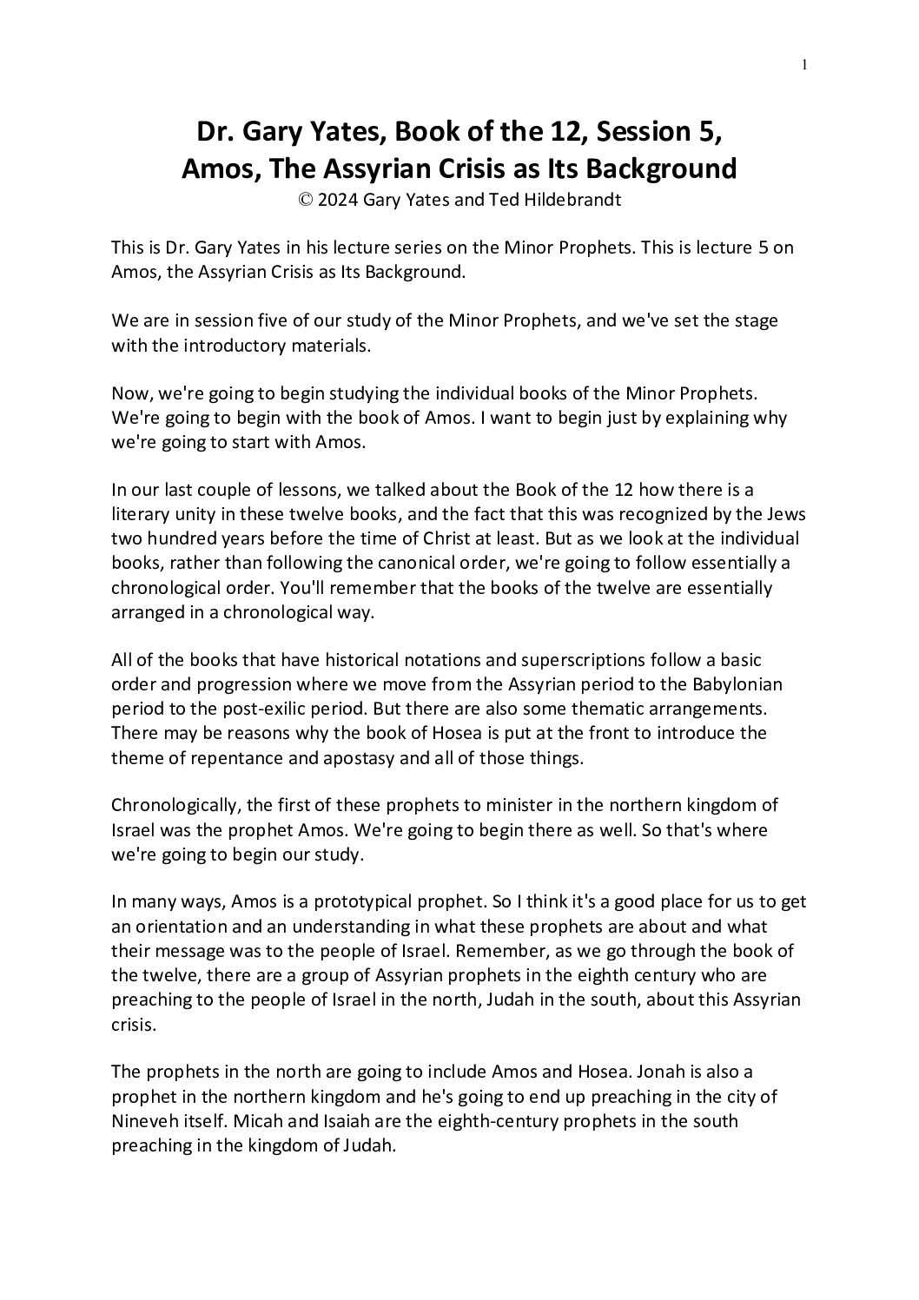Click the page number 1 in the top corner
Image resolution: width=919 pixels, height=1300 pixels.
coord(805,63)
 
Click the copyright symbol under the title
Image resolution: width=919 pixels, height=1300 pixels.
coord(305,200)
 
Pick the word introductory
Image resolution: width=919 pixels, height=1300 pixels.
coord(221,345)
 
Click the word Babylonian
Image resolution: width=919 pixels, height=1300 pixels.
coord(731,684)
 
